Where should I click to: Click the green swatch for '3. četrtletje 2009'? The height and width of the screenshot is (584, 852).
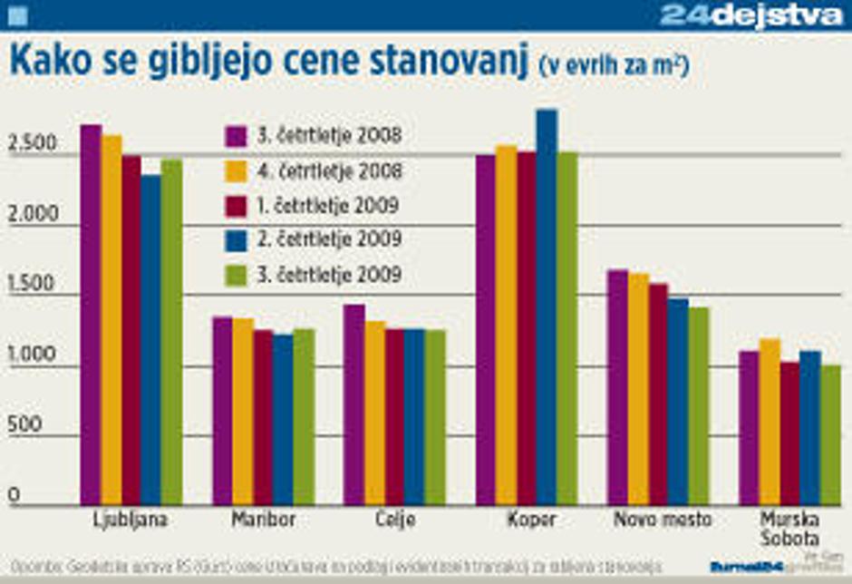237,275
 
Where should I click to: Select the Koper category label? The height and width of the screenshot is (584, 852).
527,521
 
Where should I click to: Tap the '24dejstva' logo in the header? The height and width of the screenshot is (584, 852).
751,15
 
